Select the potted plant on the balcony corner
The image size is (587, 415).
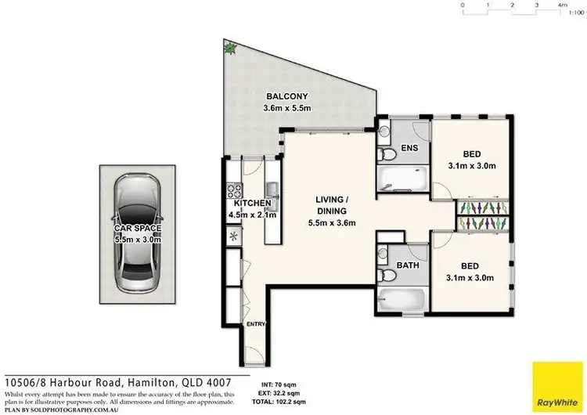pyautogui.click(x=229, y=49)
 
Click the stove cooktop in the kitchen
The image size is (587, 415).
pyautogui.click(x=232, y=189)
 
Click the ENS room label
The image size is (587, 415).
pyautogui.click(x=408, y=147)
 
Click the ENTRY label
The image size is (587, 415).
pyautogui.click(x=255, y=323)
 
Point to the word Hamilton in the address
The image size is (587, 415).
pyautogui.click(x=158, y=381)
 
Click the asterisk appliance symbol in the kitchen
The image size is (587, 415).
pyautogui.click(x=232, y=235)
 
